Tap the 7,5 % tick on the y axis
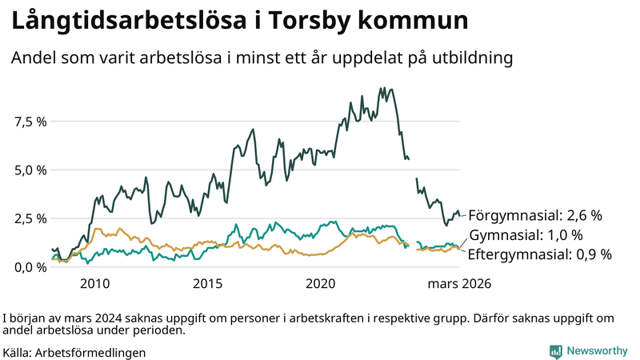30,122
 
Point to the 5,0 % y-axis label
30,170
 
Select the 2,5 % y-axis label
30,218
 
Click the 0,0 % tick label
30,267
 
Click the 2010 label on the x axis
94,284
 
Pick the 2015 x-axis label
208,284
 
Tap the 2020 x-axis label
321,284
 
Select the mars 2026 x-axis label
459,284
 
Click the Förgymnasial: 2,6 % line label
534,216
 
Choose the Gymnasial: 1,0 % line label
526,235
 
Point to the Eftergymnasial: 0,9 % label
539,254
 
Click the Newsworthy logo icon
555,351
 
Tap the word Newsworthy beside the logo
598,351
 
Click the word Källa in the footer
17,352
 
